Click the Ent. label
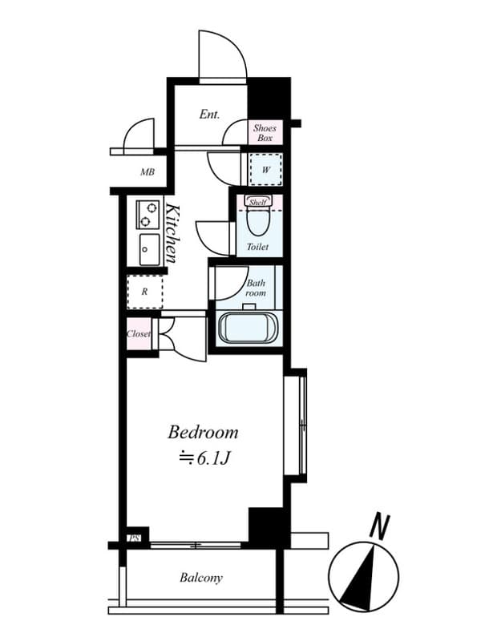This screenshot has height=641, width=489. [209, 115]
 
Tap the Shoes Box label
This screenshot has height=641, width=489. [265, 132]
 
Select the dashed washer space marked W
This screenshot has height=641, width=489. [266, 170]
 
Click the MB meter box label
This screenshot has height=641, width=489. [148, 172]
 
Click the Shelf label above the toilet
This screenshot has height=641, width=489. [257, 203]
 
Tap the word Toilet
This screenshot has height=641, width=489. [257, 247]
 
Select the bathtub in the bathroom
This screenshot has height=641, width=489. [249, 328]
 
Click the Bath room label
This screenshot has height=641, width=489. [256, 288]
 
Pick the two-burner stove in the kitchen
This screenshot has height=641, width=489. [148, 215]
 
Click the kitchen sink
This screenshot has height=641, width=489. [149, 249]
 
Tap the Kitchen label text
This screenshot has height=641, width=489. [171, 233]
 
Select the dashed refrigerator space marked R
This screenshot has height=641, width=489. [145, 292]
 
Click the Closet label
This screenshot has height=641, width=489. [139, 333]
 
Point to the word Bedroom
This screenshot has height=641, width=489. [203, 432]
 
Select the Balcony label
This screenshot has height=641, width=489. [201, 578]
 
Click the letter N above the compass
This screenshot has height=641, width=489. [379, 526]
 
